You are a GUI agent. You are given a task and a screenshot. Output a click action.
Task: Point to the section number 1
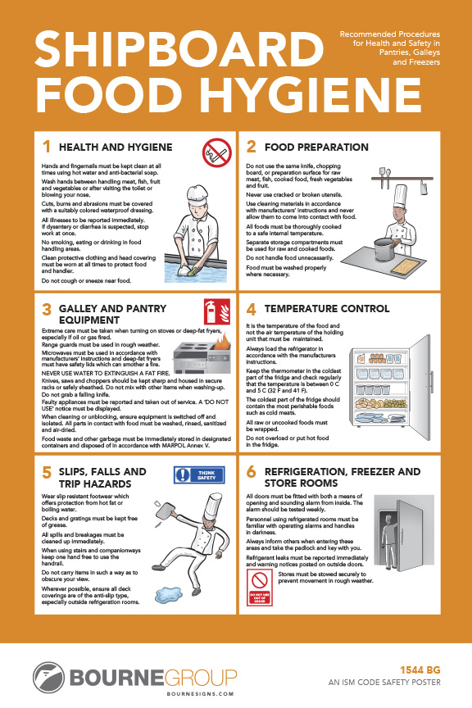coord(47,147)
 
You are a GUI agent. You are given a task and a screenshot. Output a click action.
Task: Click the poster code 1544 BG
coord(418,668)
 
